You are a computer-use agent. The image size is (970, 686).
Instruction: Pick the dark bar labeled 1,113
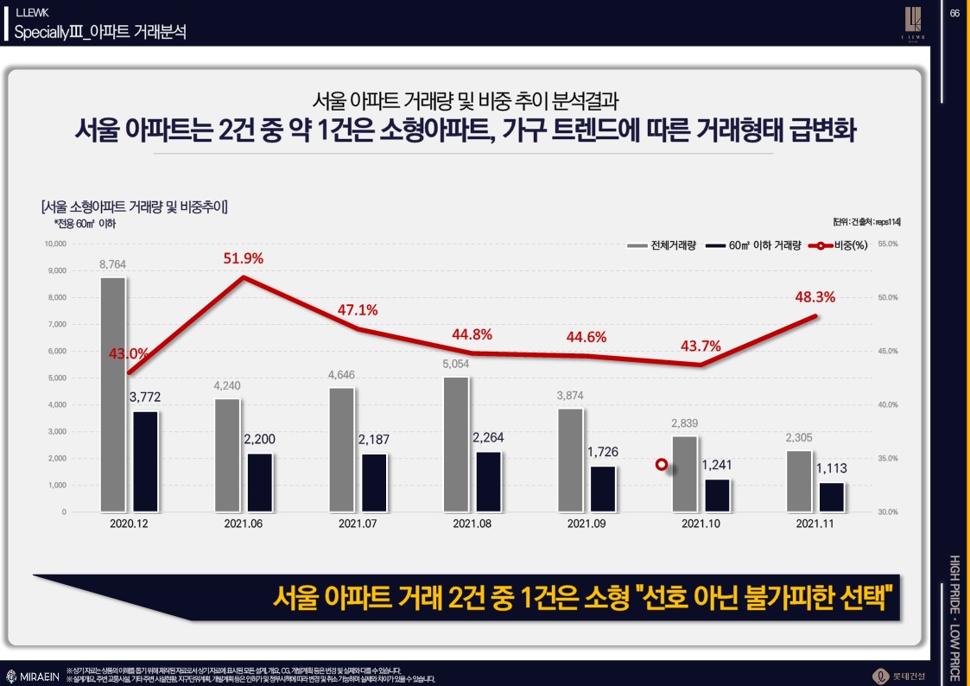coord(833,497)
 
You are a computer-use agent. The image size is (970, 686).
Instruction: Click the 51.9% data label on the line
coord(243,258)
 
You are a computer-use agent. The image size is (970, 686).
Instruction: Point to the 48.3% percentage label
coord(815,297)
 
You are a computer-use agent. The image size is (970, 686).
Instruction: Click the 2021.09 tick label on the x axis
coord(586,524)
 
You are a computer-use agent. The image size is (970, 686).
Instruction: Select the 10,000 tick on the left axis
coord(54,245)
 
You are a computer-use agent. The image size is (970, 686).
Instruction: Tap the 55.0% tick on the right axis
coord(888,245)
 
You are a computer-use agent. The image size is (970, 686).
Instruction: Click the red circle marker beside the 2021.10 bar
coord(661,465)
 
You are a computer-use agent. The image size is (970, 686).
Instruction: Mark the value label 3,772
coord(145,397)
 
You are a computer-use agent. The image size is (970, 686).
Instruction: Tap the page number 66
coord(954,12)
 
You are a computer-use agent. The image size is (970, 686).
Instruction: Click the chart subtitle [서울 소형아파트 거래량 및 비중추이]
coord(134,206)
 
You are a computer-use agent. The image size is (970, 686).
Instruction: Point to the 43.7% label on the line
coord(700,346)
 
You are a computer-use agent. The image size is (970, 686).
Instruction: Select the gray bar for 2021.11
coord(799,481)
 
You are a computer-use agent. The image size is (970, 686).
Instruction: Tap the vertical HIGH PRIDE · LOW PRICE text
coord(954,605)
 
